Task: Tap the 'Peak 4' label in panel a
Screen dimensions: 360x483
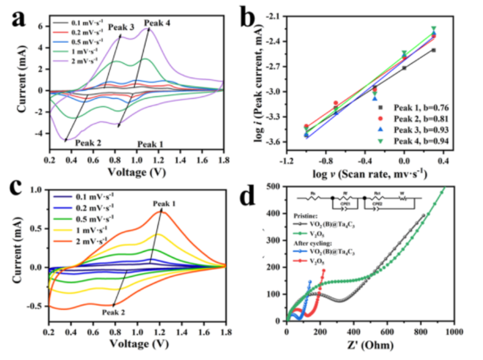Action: point(157,23)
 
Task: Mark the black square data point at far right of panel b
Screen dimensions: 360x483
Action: point(433,50)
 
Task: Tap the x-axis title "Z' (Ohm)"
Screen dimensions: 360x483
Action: point(370,345)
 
